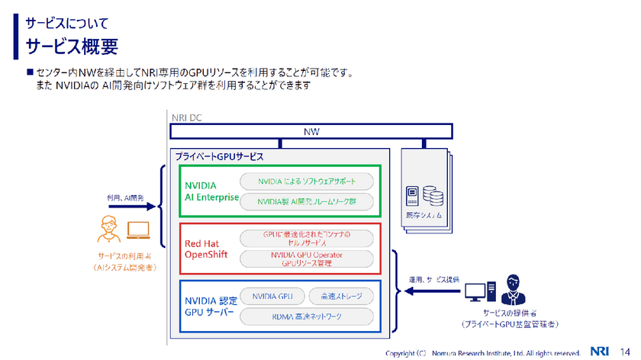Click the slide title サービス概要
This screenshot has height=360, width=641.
72,47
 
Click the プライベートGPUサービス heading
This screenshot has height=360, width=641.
219,156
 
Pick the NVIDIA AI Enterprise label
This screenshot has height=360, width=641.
209,191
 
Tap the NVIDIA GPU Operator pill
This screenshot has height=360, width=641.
307,259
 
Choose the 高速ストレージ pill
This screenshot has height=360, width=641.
340,295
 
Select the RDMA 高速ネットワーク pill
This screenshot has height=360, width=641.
307,316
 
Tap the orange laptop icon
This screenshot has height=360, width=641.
139,230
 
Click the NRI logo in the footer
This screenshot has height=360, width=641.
601,352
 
